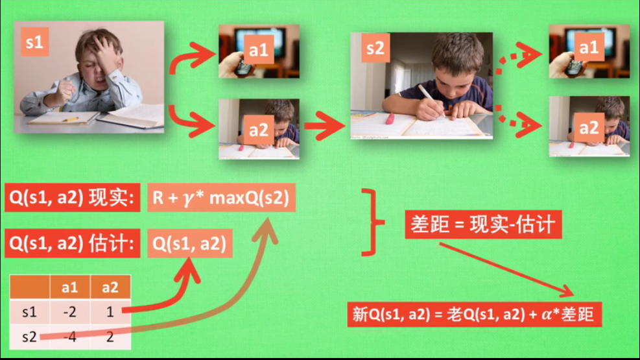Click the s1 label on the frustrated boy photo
coord(34,43)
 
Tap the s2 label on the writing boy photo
coord(375,48)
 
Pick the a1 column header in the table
coord(69,287)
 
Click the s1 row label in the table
coord(29,312)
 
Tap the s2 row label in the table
coord(29,337)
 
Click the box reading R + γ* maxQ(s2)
coord(221,198)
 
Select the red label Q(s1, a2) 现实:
coord(72,198)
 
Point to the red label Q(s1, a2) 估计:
coord(72,244)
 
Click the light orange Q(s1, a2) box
coord(189,244)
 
